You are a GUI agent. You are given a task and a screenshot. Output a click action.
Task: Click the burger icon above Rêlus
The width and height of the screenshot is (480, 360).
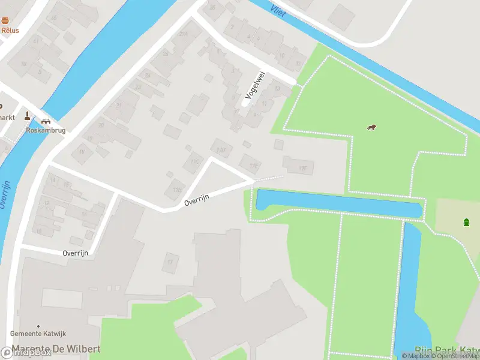(5, 20)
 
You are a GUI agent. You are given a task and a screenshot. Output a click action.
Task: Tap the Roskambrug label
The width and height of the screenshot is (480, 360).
(45, 130)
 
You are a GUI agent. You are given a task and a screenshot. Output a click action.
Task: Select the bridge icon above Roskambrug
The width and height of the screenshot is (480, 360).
(46, 120)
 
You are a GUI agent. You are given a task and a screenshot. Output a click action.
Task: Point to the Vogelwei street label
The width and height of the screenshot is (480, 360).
(254, 85)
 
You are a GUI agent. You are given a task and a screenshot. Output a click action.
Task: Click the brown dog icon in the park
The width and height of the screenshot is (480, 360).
(372, 127)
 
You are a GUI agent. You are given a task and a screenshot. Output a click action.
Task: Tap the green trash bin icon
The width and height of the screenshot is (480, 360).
(466, 223)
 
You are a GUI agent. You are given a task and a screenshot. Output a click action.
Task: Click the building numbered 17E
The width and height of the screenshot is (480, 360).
(250, 163)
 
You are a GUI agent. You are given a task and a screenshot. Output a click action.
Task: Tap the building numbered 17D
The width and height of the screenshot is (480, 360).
(221, 148)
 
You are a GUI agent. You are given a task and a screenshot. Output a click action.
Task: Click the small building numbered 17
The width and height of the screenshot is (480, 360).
(170, 262)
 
